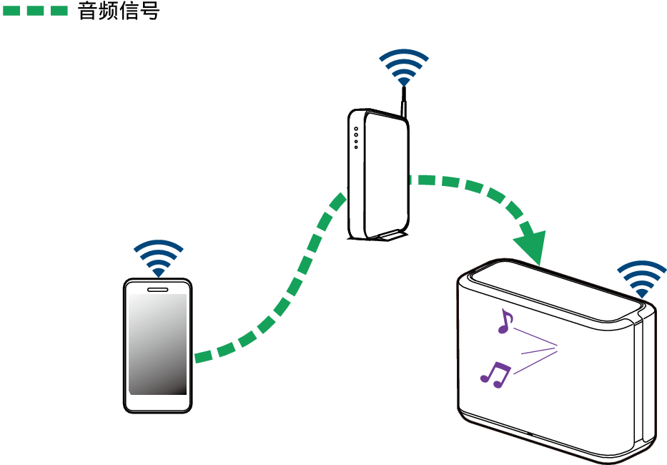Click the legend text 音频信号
click(118, 11)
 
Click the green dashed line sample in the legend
click(35, 11)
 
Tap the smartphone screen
click(157, 343)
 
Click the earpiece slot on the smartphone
click(157, 290)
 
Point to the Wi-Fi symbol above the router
click(404, 67)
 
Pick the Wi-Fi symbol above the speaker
click(641, 278)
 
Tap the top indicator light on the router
click(355, 129)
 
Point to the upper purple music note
click(505, 321)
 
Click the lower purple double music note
click(495, 373)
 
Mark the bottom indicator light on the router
click(355, 147)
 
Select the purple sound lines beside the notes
click(536, 351)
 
